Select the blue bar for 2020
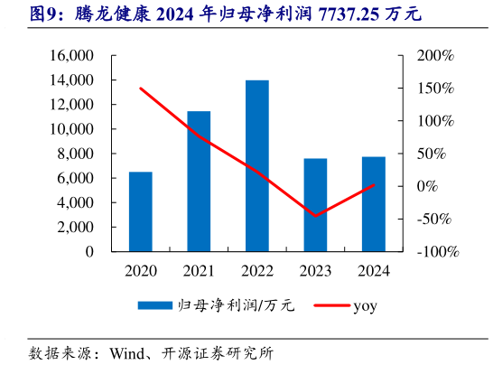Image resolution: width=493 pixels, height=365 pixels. [x=140, y=211]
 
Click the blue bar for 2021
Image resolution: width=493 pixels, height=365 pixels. [x=199, y=181]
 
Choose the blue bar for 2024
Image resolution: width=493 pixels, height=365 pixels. [x=374, y=204]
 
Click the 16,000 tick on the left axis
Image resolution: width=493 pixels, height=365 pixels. [x=74, y=55]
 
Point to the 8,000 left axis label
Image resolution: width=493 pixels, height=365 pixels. [x=78, y=154]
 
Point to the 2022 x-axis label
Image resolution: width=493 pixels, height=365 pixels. [x=256, y=270]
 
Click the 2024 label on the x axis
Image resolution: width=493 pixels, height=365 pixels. [x=374, y=270]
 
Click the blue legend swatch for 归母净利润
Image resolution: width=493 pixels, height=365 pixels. [x=155, y=306]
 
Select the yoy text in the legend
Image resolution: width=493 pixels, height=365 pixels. [x=365, y=306]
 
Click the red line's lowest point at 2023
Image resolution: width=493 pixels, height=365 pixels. [x=315, y=216]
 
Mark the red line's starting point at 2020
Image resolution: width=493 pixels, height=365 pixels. [x=140, y=89]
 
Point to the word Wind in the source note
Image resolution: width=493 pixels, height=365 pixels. [x=127, y=351]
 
